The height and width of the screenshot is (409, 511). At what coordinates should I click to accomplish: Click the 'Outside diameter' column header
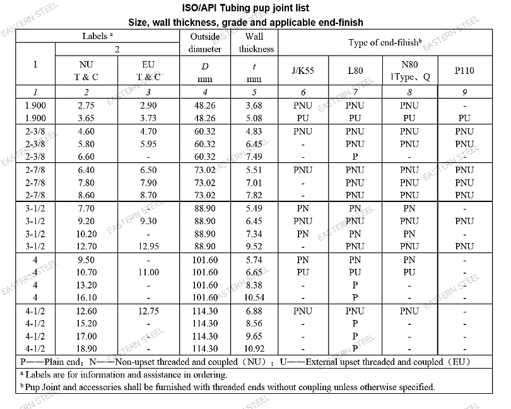tap(205, 42)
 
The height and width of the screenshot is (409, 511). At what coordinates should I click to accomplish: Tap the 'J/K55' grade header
tap(303, 71)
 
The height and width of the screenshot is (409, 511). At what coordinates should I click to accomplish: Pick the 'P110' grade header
tap(464, 71)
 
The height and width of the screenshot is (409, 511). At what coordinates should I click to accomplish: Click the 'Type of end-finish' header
tap(385, 42)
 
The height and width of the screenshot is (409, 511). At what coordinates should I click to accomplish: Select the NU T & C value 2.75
tap(86, 105)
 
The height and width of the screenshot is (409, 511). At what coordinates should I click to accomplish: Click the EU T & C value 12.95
tap(148, 246)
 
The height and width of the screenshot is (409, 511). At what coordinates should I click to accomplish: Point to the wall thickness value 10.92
tap(254, 348)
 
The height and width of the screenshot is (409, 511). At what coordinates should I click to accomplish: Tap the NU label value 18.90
tap(86, 348)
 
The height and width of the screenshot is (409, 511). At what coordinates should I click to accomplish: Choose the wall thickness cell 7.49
tap(254, 157)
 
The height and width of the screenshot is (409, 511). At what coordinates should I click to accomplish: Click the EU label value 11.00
tap(148, 272)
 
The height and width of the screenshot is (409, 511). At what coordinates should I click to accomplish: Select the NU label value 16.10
tap(86, 297)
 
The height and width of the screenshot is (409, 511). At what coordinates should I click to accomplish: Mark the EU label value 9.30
tap(148, 221)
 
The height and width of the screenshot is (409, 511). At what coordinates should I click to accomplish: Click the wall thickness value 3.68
tap(254, 105)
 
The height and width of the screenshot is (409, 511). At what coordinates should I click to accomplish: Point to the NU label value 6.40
tap(86, 170)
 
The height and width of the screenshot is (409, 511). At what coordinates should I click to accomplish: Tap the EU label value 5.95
tap(148, 144)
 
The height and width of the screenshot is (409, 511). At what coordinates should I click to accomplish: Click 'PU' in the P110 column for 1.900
tap(464, 118)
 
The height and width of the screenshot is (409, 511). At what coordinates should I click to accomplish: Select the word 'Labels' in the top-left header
tap(95, 36)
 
